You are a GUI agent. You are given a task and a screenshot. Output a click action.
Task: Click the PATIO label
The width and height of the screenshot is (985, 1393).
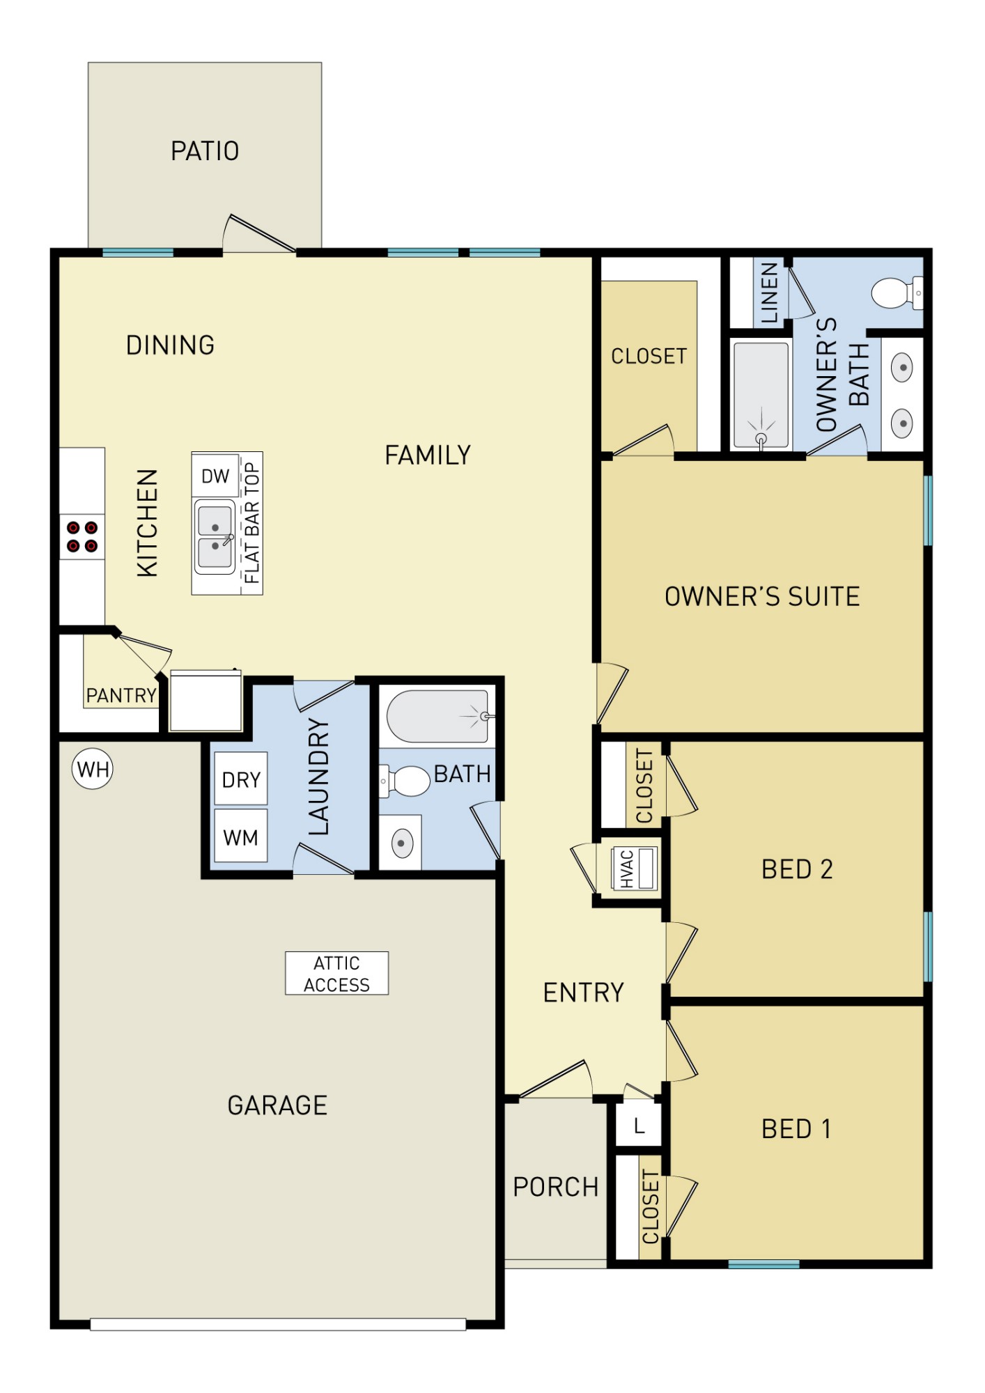205,151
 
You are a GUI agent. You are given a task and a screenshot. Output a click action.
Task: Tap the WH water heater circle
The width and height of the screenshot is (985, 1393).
93,769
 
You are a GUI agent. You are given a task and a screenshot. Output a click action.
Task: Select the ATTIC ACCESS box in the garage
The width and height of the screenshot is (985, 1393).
336,973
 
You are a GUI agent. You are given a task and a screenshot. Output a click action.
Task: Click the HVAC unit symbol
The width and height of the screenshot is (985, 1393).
634,869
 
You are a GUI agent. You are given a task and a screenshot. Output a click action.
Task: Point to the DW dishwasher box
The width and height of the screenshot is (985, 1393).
215,476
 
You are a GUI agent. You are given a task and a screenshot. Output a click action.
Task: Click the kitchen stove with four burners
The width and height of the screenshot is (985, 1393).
82,536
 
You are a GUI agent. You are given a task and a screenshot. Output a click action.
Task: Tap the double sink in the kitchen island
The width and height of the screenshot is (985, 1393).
215,536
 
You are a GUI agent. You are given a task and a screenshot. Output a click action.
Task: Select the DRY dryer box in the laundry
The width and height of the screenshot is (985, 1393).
241,779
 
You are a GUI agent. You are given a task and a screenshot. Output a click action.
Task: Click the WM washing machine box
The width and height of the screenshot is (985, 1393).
241,836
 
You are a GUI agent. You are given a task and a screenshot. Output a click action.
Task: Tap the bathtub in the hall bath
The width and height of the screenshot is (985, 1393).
437,716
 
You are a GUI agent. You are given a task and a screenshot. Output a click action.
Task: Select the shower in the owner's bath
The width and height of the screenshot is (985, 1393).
761,395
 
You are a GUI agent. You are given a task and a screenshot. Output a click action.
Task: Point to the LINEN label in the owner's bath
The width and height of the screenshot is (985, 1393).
769,293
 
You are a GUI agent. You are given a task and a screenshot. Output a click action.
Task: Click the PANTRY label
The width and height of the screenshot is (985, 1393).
121,695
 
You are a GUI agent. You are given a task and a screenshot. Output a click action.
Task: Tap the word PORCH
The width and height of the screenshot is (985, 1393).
556,1187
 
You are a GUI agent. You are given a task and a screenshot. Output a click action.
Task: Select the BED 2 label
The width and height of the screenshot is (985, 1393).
797,869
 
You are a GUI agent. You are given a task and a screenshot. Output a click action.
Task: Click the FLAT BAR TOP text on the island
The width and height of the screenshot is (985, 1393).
251,523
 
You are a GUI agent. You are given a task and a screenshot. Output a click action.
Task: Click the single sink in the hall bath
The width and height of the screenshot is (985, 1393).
401,843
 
